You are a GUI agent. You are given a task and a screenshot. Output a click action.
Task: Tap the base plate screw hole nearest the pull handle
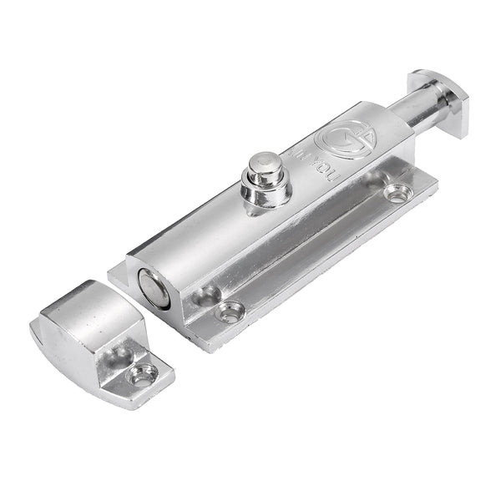click(397, 194)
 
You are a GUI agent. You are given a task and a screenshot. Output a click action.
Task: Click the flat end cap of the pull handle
click(439, 101)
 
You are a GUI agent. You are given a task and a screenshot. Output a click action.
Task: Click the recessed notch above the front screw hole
click(205, 295)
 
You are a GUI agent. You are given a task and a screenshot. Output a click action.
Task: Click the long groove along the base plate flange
click(317, 250)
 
